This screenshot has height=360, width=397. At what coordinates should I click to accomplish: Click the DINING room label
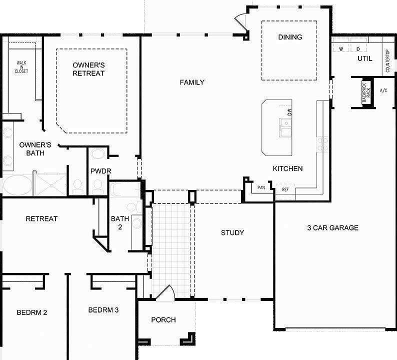point(290,37)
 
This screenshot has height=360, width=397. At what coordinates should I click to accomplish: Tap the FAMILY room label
point(192,82)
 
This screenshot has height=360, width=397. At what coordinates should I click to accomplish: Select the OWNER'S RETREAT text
point(88,69)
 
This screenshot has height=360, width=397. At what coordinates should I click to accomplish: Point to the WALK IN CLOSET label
point(21,67)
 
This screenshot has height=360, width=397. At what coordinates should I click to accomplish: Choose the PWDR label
point(100,171)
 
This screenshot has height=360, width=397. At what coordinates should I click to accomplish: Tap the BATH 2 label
point(120,222)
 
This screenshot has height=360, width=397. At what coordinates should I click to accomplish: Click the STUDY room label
point(232,232)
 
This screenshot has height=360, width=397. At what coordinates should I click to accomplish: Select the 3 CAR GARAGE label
point(332,228)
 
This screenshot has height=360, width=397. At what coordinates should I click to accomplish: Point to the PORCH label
point(163,320)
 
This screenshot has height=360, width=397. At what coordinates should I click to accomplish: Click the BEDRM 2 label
point(32,312)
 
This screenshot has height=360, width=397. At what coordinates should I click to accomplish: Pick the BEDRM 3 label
point(103,310)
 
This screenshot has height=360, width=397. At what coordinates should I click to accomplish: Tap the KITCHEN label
point(287,168)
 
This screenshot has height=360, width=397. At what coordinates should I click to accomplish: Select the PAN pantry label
point(261,188)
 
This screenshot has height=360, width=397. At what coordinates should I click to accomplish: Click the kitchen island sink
point(285,128)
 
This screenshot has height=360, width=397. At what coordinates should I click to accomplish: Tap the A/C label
point(383,91)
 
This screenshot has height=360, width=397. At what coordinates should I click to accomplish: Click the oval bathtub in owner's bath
point(17,184)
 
